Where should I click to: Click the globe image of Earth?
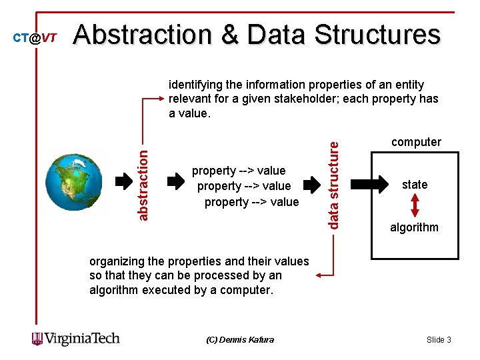point(74,183)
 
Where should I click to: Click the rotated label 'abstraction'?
point(143,183)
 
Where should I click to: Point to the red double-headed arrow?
point(415,205)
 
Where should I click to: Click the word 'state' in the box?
point(415,185)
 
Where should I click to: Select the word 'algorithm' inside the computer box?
point(414,227)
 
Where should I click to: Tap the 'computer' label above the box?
point(416,142)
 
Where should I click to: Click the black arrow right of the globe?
point(124,181)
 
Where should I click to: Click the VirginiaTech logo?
point(76,339)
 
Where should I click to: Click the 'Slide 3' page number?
point(439,340)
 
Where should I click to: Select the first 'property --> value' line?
point(239,171)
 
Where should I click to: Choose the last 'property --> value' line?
point(251,201)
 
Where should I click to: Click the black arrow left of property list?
point(175,181)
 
